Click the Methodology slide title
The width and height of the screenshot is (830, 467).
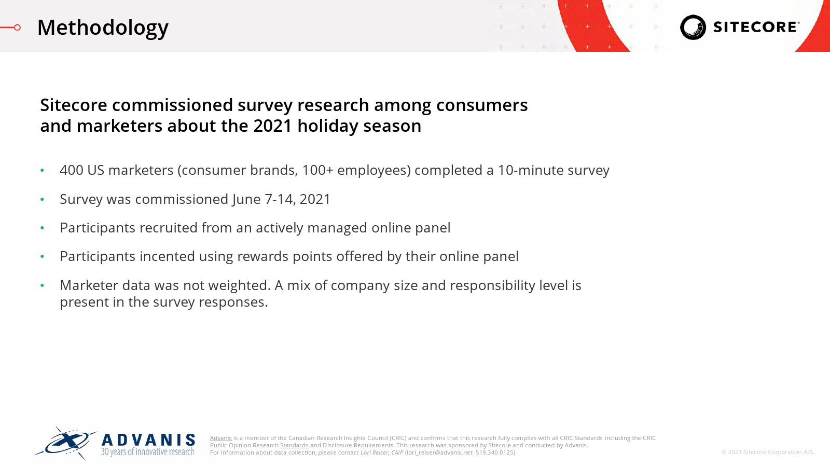click(x=103, y=28)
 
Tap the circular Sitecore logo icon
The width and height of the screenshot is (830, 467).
click(x=693, y=27)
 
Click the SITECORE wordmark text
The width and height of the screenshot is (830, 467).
click(x=756, y=27)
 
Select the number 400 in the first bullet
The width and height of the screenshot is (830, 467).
click(x=72, y=170)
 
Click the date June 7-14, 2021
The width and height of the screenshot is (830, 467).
click(x=281, y=199)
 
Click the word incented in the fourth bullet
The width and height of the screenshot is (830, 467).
click(x=167, y=256)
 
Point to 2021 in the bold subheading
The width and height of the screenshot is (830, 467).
click(x=273, y=126)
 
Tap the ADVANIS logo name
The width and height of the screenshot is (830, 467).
click(x=148, y=440)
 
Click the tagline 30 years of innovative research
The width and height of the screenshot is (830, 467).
click(x=147, y=452)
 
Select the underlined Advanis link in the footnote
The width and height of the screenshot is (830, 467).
click(x=221, y=438)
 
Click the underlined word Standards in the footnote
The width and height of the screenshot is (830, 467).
click(x=294, y=445)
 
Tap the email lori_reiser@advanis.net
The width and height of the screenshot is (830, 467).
click(x=439, y=452)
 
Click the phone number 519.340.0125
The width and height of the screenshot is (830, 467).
click(x=494, y=452)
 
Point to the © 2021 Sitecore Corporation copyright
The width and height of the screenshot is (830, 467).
click(x=768, y=452)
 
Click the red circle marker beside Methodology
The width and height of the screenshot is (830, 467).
click(x=17, y=28)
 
